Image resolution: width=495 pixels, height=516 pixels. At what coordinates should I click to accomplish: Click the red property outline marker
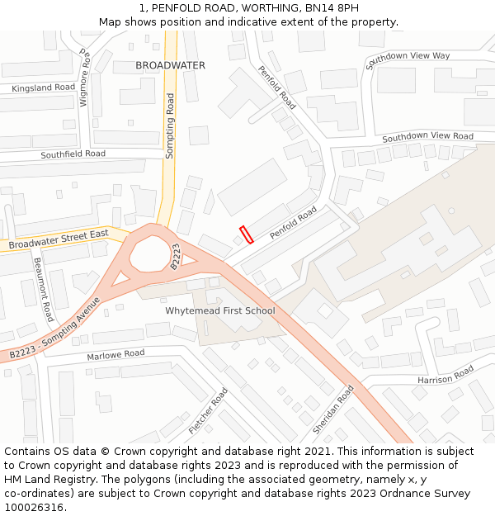point(246,234)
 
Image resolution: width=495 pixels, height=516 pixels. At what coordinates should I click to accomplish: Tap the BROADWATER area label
point(170,64)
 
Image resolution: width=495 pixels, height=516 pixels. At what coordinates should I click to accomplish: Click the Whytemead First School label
point(220,311)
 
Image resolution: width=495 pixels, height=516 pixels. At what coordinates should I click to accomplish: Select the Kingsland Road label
point(43,88)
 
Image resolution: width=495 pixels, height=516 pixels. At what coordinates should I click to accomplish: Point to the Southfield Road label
point(73,154)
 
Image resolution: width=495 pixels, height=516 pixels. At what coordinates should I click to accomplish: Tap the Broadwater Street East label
point(59,240)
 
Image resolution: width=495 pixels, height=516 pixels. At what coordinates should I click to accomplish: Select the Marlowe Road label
point(115,354)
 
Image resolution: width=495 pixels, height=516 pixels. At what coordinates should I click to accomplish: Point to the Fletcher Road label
point(208,410)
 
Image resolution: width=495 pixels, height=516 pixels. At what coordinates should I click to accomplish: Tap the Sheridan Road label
point(333,409)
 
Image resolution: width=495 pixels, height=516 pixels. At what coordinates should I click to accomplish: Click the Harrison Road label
point(445,375)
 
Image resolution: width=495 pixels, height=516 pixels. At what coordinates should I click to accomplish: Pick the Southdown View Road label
point(427,136)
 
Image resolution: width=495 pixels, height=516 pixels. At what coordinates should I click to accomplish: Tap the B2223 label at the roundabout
point(176,256)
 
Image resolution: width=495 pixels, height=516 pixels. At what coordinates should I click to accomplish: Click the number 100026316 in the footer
point(33,507)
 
